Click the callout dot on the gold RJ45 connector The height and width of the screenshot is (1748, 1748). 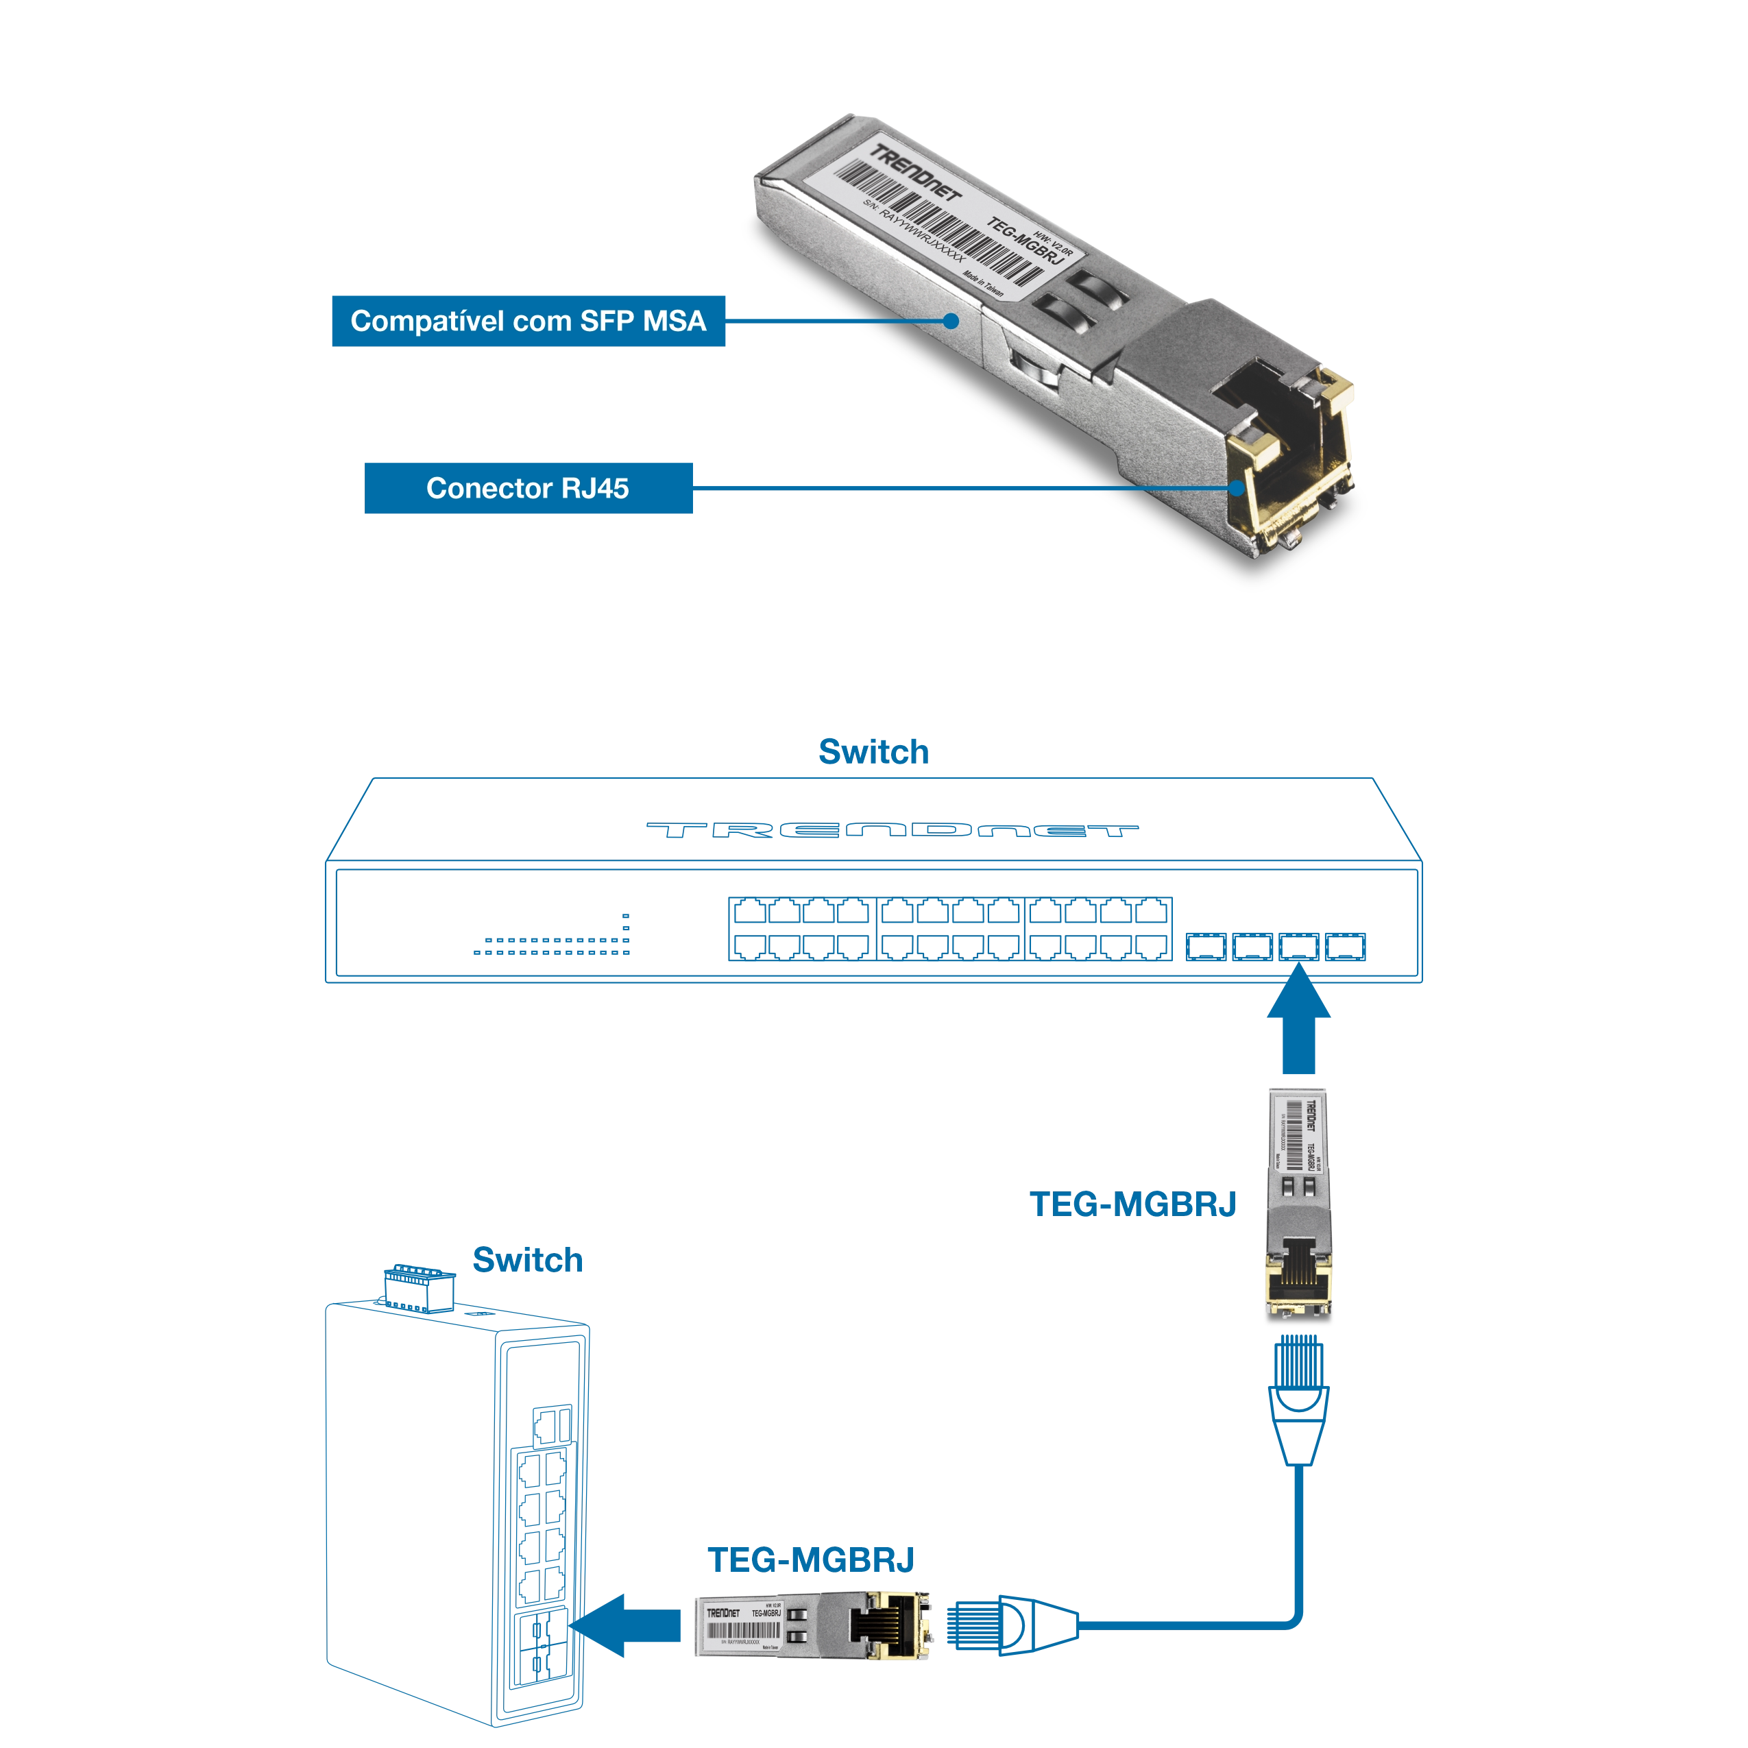1237,489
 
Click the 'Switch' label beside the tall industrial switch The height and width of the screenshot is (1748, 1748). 527,1259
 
